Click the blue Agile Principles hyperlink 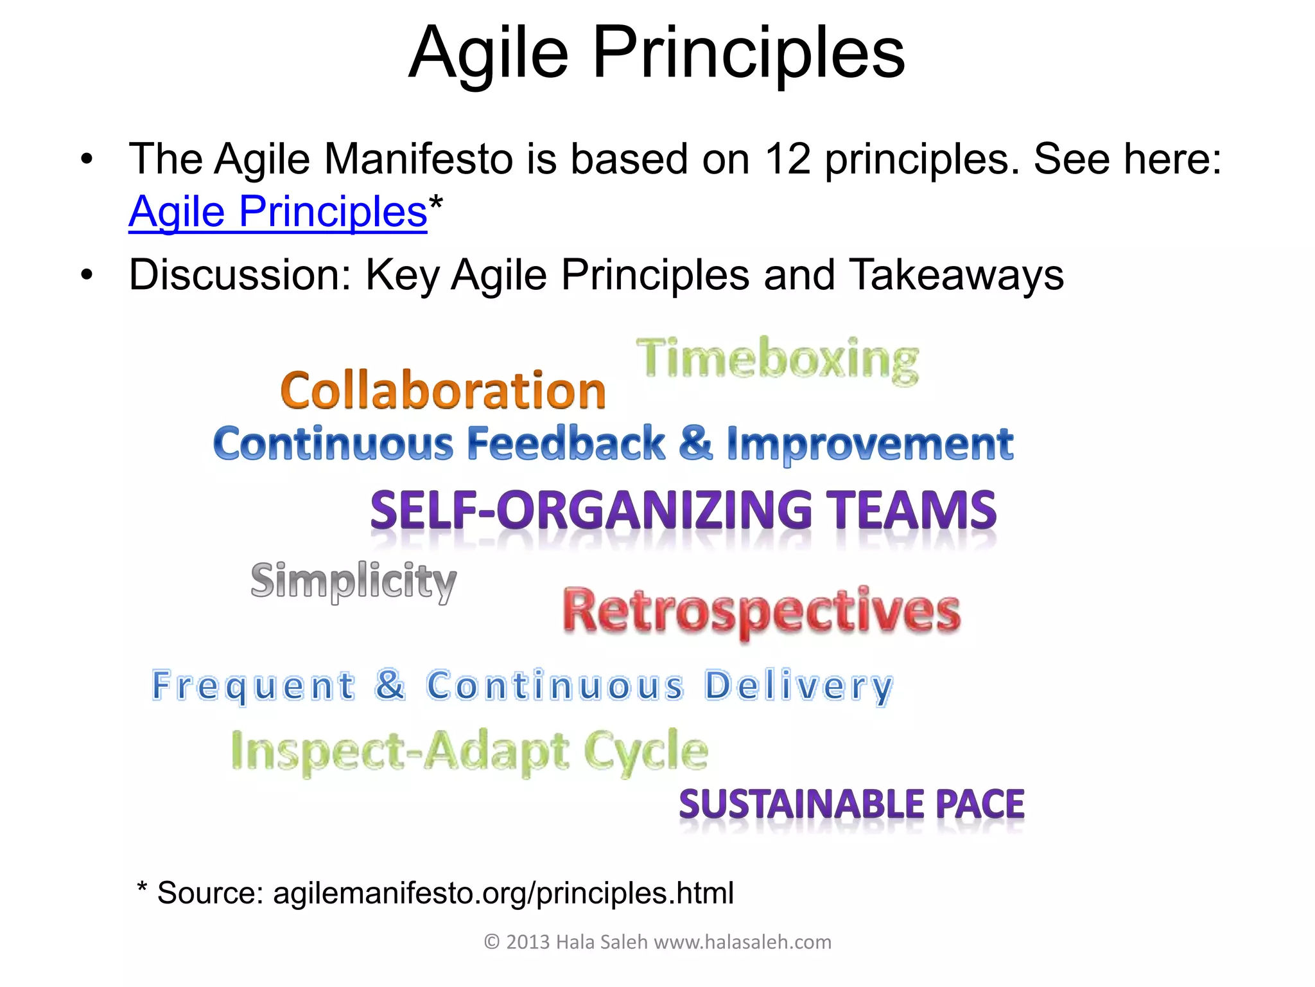(277, 212)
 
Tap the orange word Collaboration (443, 391)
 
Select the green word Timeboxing (778, 360)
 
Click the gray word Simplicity (353, 581)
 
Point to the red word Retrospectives (762, 611)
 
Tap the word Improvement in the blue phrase (870, 445)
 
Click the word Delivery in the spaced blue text (799, 686)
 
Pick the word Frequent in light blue (253, 686)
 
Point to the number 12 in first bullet (788, 159)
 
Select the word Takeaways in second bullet (956, 275)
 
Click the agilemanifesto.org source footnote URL (503, 893)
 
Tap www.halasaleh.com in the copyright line (742, 942)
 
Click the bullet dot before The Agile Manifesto (87, 159)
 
